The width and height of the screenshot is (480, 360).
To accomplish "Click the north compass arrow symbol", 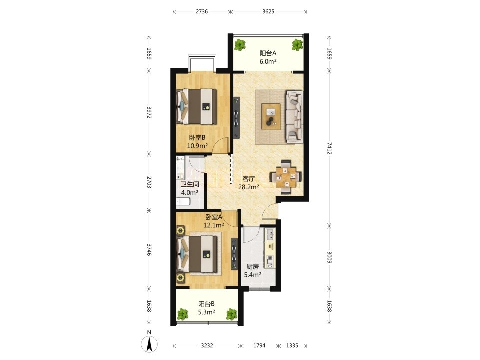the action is [149, 344].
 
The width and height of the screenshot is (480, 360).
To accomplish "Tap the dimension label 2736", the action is [201, 12].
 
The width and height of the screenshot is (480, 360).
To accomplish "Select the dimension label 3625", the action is [268, 12].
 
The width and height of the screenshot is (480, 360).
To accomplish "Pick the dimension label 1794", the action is [259, 345].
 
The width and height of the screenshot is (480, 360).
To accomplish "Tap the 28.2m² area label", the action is [249, 187].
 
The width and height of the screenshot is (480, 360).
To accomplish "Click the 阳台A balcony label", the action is [268, 53].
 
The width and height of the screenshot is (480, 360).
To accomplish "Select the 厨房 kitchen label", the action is [253, 267].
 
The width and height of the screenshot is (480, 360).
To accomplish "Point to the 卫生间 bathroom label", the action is [190, 184].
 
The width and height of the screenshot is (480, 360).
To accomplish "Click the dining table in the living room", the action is [285, 177].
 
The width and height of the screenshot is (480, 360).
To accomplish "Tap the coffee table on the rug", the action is [271, 117].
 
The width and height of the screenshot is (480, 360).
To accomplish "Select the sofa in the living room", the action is [294, 117].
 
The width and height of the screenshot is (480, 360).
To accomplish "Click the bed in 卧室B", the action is [197, 106].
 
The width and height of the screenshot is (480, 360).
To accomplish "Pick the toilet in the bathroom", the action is [183, 201].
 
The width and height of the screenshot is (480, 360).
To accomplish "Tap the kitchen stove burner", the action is [270, 261].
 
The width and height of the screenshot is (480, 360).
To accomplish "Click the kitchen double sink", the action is [270, 235].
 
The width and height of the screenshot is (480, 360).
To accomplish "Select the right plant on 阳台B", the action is [231, 314].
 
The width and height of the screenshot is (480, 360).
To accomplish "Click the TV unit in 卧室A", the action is [234, 254].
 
